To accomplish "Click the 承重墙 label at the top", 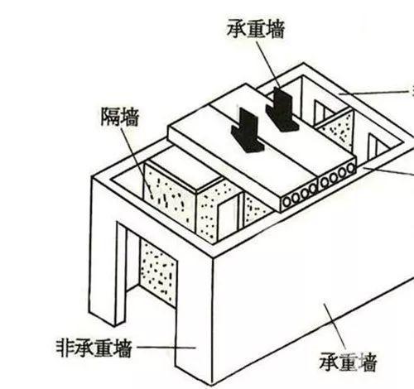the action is [x=256, y=30].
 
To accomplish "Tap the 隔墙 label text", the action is [x=119, y=117].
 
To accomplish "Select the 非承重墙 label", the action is [x=94, y=348].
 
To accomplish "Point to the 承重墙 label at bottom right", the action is [x=348, y=362].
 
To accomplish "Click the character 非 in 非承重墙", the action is [x=65, y=348].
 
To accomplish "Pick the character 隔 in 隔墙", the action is [x=110, y=117].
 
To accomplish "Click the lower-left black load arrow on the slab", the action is [x=247, y=130].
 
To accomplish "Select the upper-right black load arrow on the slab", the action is [x=282, y=109].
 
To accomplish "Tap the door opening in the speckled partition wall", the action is [x=228, y=218].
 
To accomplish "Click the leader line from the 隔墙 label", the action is [x=136, y=161].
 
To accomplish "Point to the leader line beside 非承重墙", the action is [x=166, y=348].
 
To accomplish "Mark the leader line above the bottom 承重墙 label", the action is [x=335, y=326].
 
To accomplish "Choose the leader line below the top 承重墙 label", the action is [x=268, y=65].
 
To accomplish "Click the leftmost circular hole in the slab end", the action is [x=287, y=201].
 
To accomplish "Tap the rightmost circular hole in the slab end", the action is [x=351, y=168].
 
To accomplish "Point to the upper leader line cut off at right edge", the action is [x=377, y=93].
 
